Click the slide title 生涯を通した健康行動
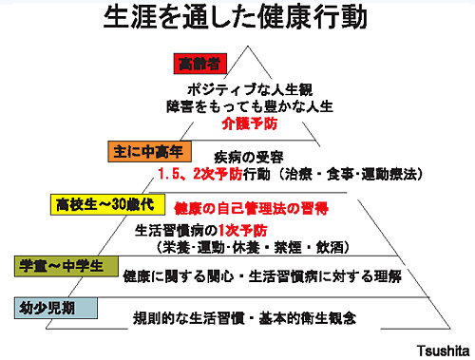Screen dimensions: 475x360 click(237, 20)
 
